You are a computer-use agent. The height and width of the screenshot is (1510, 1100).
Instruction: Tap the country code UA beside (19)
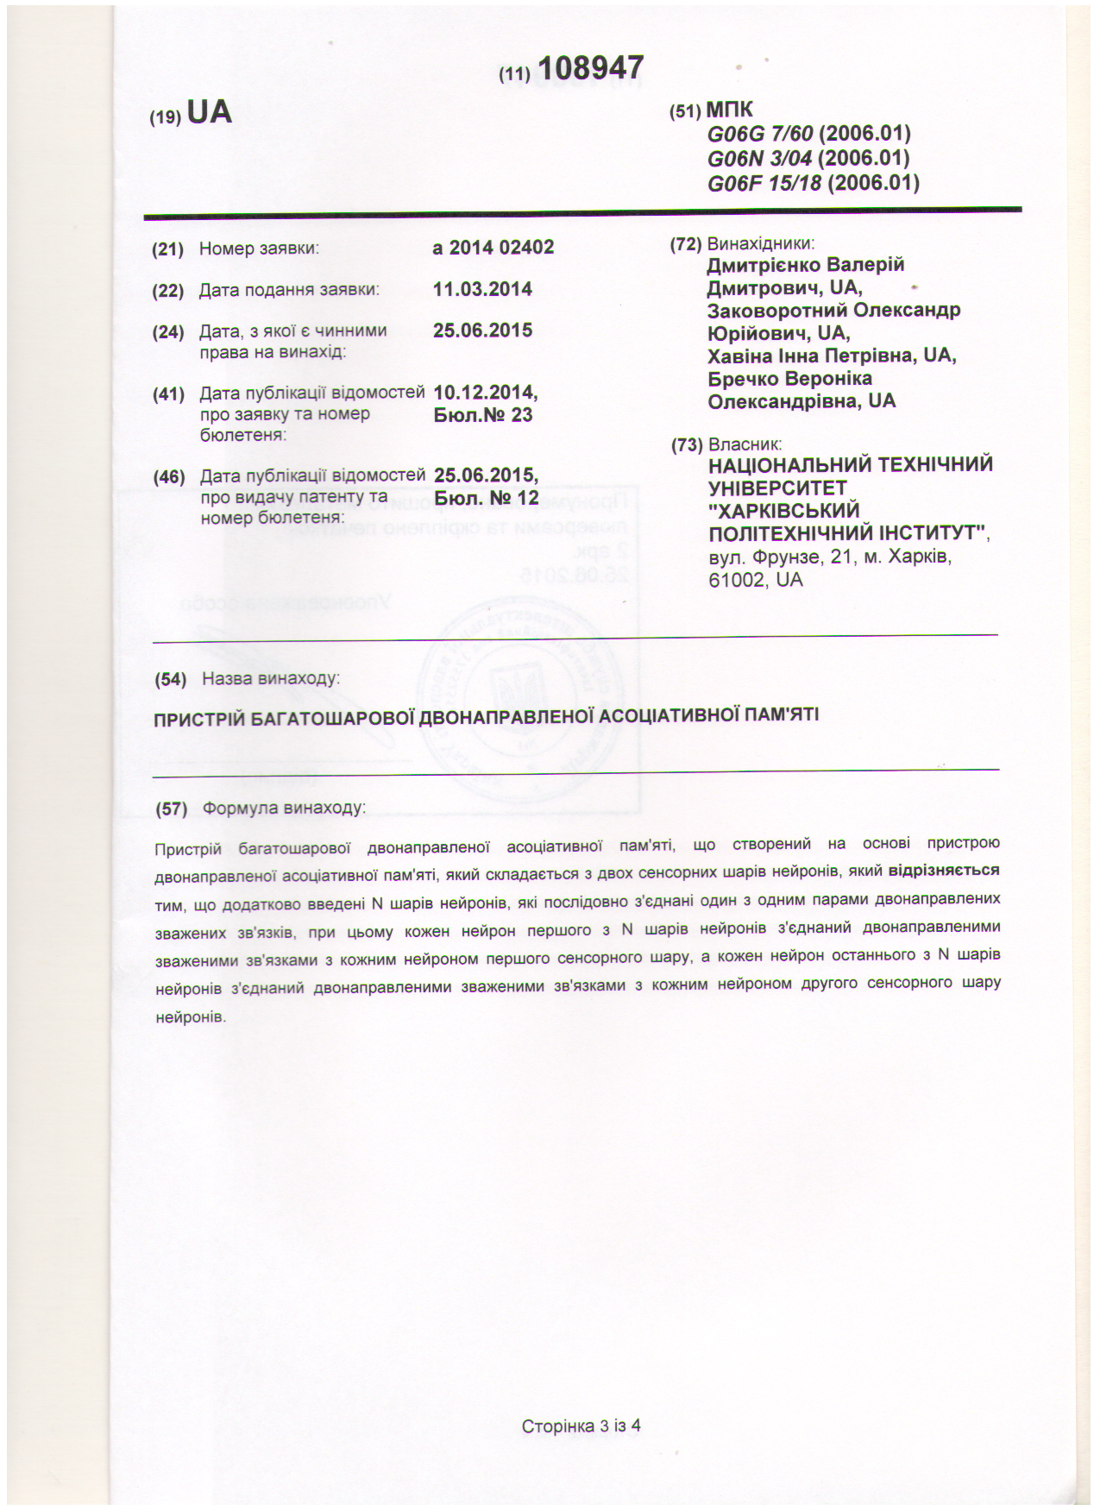[210, 112]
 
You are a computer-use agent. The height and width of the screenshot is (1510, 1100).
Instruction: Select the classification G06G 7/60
[760, 134]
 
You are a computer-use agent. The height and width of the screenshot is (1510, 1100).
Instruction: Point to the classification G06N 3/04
[760, 158]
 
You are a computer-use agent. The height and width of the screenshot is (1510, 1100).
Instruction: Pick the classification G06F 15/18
[764, 182]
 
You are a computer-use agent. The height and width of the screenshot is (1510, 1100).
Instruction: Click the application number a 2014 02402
[493, 248]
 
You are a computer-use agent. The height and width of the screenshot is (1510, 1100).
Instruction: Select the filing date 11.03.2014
[482, 289]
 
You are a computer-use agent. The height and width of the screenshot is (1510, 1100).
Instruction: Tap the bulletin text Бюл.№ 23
[483, 415]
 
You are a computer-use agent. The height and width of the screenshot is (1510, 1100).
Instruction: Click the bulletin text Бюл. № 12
[487, 498]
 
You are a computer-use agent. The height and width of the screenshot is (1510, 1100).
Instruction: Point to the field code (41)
[168, 394]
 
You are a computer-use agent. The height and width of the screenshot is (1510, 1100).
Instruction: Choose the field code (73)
[687, 445]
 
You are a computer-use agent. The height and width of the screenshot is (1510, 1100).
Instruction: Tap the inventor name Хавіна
[738, 355]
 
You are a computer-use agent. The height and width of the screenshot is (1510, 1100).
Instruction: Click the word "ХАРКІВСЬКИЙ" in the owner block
[784, 510]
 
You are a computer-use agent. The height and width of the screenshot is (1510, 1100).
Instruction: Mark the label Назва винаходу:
[271, 678]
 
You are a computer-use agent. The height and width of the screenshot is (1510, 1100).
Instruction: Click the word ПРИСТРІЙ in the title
[198, 718]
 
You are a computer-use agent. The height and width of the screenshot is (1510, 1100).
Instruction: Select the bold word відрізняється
[944, 870]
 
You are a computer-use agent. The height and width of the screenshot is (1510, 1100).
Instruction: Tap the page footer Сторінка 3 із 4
[581, 1425]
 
